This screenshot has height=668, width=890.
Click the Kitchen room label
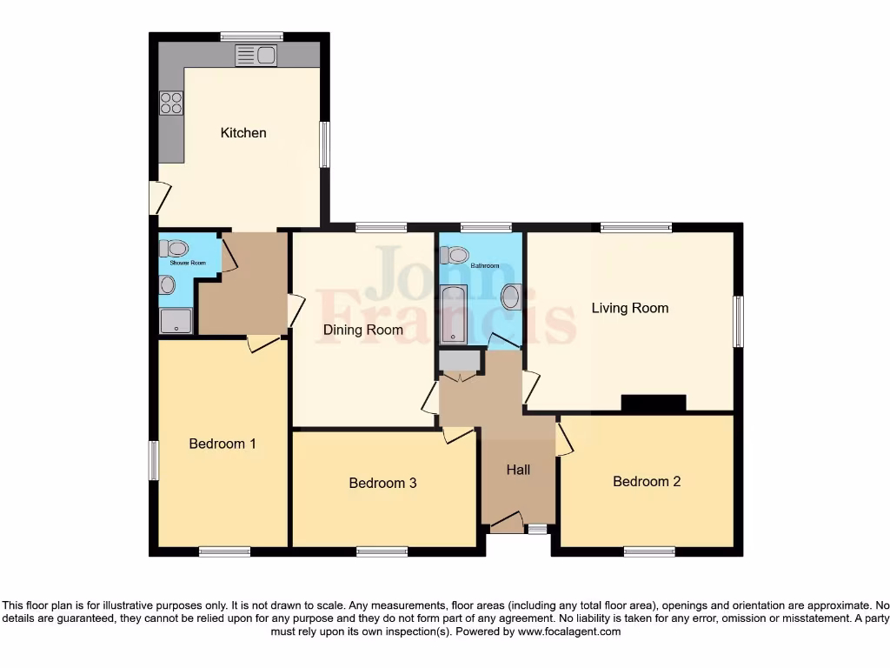pyautogui.click(x=243, y=133)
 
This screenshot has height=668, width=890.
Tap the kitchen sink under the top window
pyautogui.click(x=256, y=57)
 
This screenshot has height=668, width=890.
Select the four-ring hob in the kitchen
pyautogui.click(x=171, y=104)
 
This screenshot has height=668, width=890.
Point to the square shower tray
pyautogui.click(x=176, y=321)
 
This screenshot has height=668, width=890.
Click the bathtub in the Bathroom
pyautogui.click(x=454, y=313)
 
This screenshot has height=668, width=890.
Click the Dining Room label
pyautogui.click(x=363, y=330)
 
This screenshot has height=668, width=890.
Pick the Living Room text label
pyautogui.click(x=630, y=308)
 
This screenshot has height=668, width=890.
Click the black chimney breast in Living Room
pyautogui.click(x=654, y=403)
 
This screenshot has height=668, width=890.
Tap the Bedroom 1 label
pyautogui.click(x=222, y=444)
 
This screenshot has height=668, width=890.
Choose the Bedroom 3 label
pyautogui.click(x=382, y=483)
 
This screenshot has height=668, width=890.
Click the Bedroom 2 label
pyautogui.click(x=647, y=481)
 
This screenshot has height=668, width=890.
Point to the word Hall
pyautogui.click(x=518, y=470)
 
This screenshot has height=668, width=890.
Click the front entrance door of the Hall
pyautogui.click(x=506, y=524)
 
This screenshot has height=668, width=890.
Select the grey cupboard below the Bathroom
pyautogui.click(x=460, y=360)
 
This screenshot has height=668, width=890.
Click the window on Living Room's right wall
pyautogui.click(x=738, y=321)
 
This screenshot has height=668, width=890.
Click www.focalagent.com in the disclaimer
pyautogui.click(x=568, y=632)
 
